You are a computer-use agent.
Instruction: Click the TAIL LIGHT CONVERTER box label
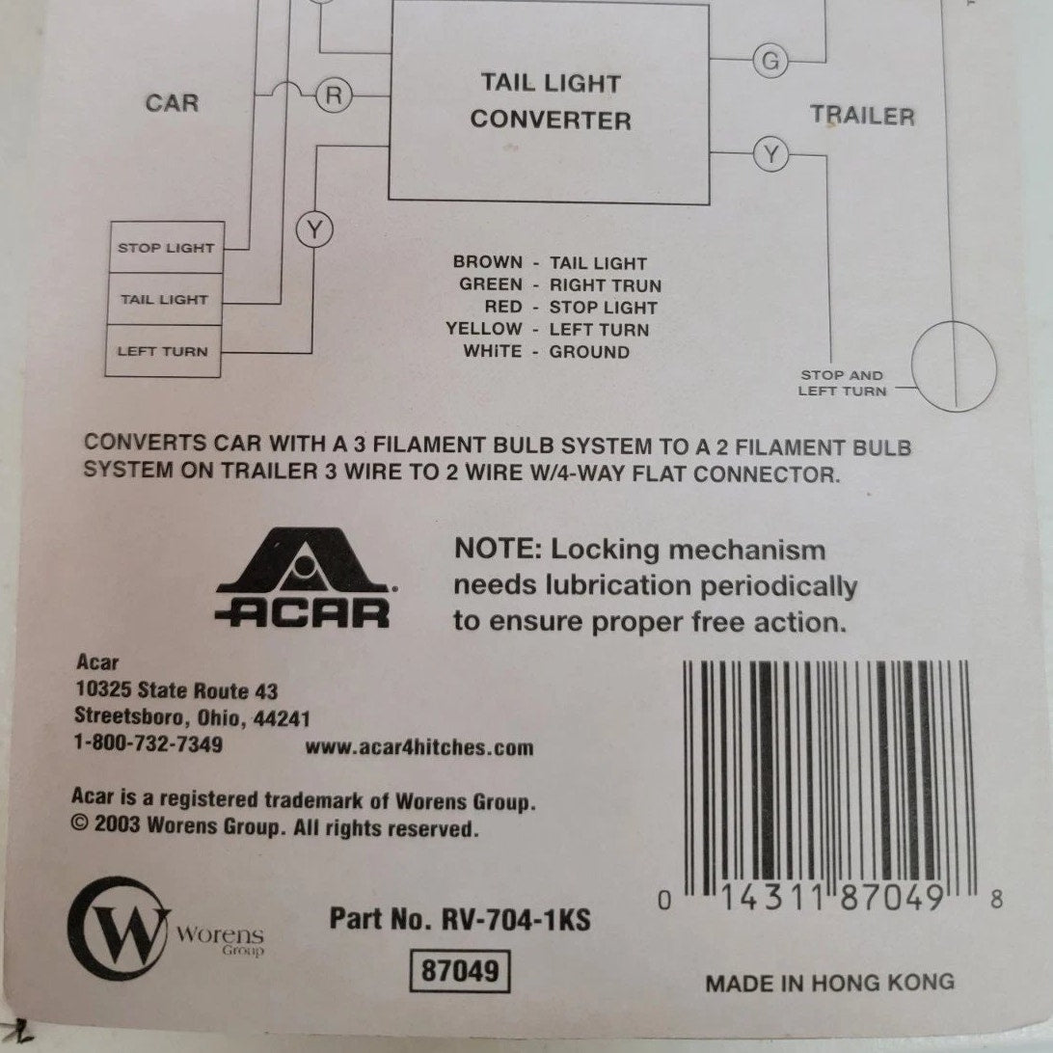pyautogui.click(x=551, y=101)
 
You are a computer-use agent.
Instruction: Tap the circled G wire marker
pyautogui.click(x=769, y=61)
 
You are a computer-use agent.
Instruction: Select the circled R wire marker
pyautogui.click(x=335, y=94)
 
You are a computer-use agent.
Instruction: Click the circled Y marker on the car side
pyautogui.click(x=312, y=229)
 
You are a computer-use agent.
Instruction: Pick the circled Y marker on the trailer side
pyautogui.click(x=770, y=153)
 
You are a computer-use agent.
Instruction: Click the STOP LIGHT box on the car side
pyautogui.click(x=166, y=248)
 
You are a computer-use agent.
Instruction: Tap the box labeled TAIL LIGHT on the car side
pyautogui.click(x=164, y=300)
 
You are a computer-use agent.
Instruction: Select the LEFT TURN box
pyautogui.click(x=162, y=351)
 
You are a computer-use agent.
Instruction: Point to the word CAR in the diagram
pyautogui.click(x=172, y=103)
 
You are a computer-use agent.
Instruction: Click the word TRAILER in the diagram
pyautogui.click(x=862, y=117)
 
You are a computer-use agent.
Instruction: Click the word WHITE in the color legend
pyautogui.click(x=492, y=352)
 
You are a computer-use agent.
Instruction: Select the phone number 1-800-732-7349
pyautogui.click(x=148, y=744)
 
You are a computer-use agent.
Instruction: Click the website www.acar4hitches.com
pyautogui.click(x=418, y=747)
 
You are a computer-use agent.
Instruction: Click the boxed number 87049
pyautogui.click(x=460, y=971)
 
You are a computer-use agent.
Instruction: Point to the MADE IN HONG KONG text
pyautogui.click(x=829, y=983)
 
